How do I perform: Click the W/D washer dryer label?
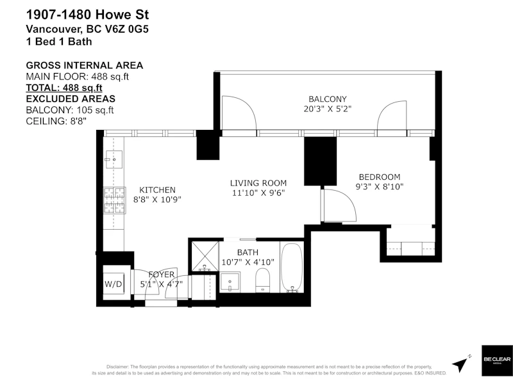point(114,284)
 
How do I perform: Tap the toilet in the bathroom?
point(262,280)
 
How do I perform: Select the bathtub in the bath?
point(292,268)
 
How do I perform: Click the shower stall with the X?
point(205,257)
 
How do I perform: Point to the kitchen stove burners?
point(115,200)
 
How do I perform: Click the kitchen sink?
point(114,159)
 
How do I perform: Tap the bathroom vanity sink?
point(230,282)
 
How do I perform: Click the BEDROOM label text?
point(380,177)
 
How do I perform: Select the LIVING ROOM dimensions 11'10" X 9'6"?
point(258,193)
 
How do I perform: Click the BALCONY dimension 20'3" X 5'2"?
point(328,109)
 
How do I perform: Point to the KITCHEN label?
point(157,190)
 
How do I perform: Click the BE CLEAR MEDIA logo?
point(497,360)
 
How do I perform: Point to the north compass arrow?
point(460,364)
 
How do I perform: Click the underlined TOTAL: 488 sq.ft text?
point(64,88)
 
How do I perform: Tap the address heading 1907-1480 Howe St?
point(87,15)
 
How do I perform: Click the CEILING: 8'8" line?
point(56,121)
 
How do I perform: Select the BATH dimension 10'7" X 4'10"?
point(248,262)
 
